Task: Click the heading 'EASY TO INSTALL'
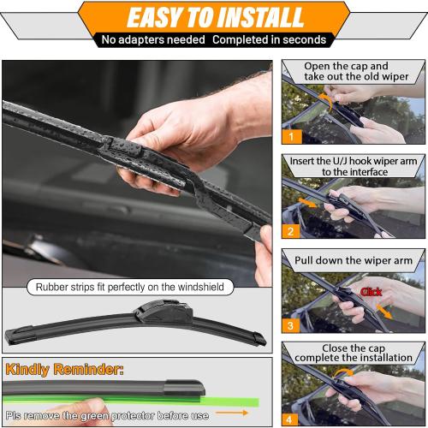point(214,16)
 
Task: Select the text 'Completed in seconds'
point(270,39)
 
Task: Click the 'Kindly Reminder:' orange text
point(64,371)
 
